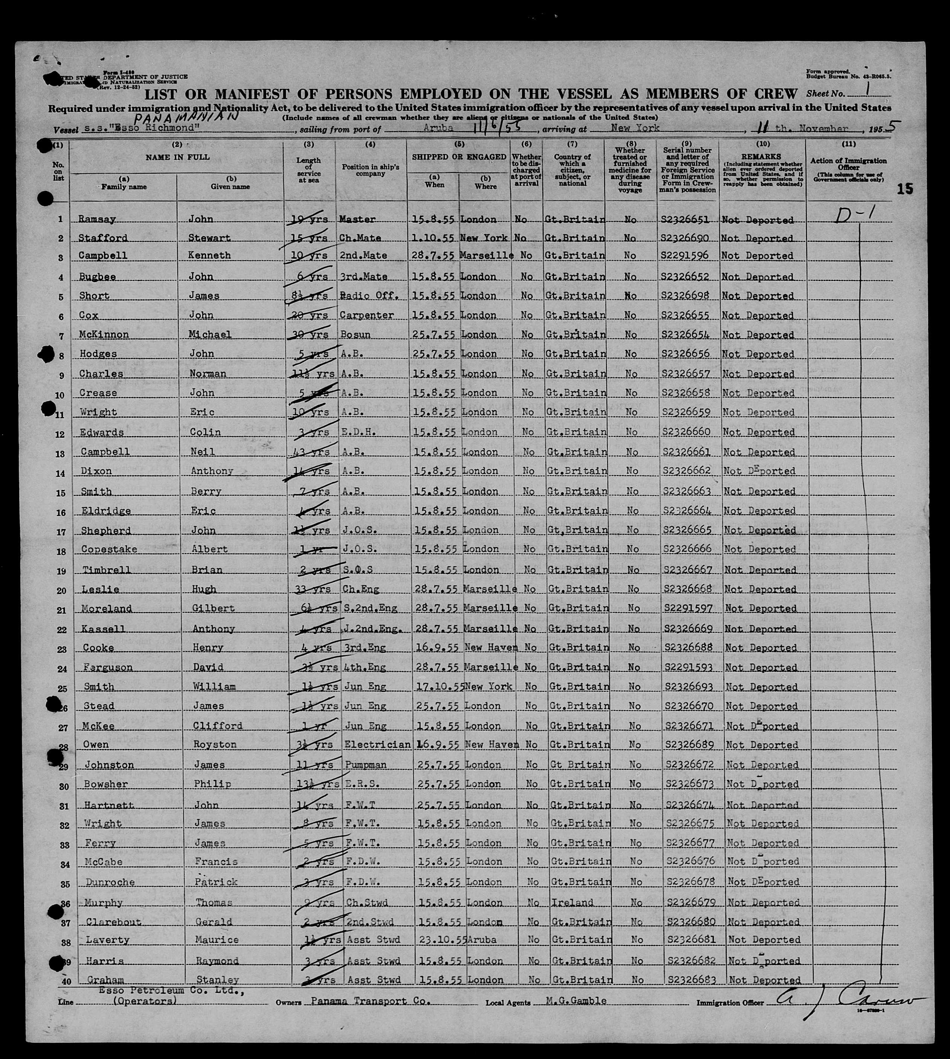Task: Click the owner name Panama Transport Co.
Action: [x=371, y=1001]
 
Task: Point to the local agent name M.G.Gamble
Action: [x=576, y=1001]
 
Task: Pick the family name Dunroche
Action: [x=108, y=882]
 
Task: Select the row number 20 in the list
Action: [x=61, y=590]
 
